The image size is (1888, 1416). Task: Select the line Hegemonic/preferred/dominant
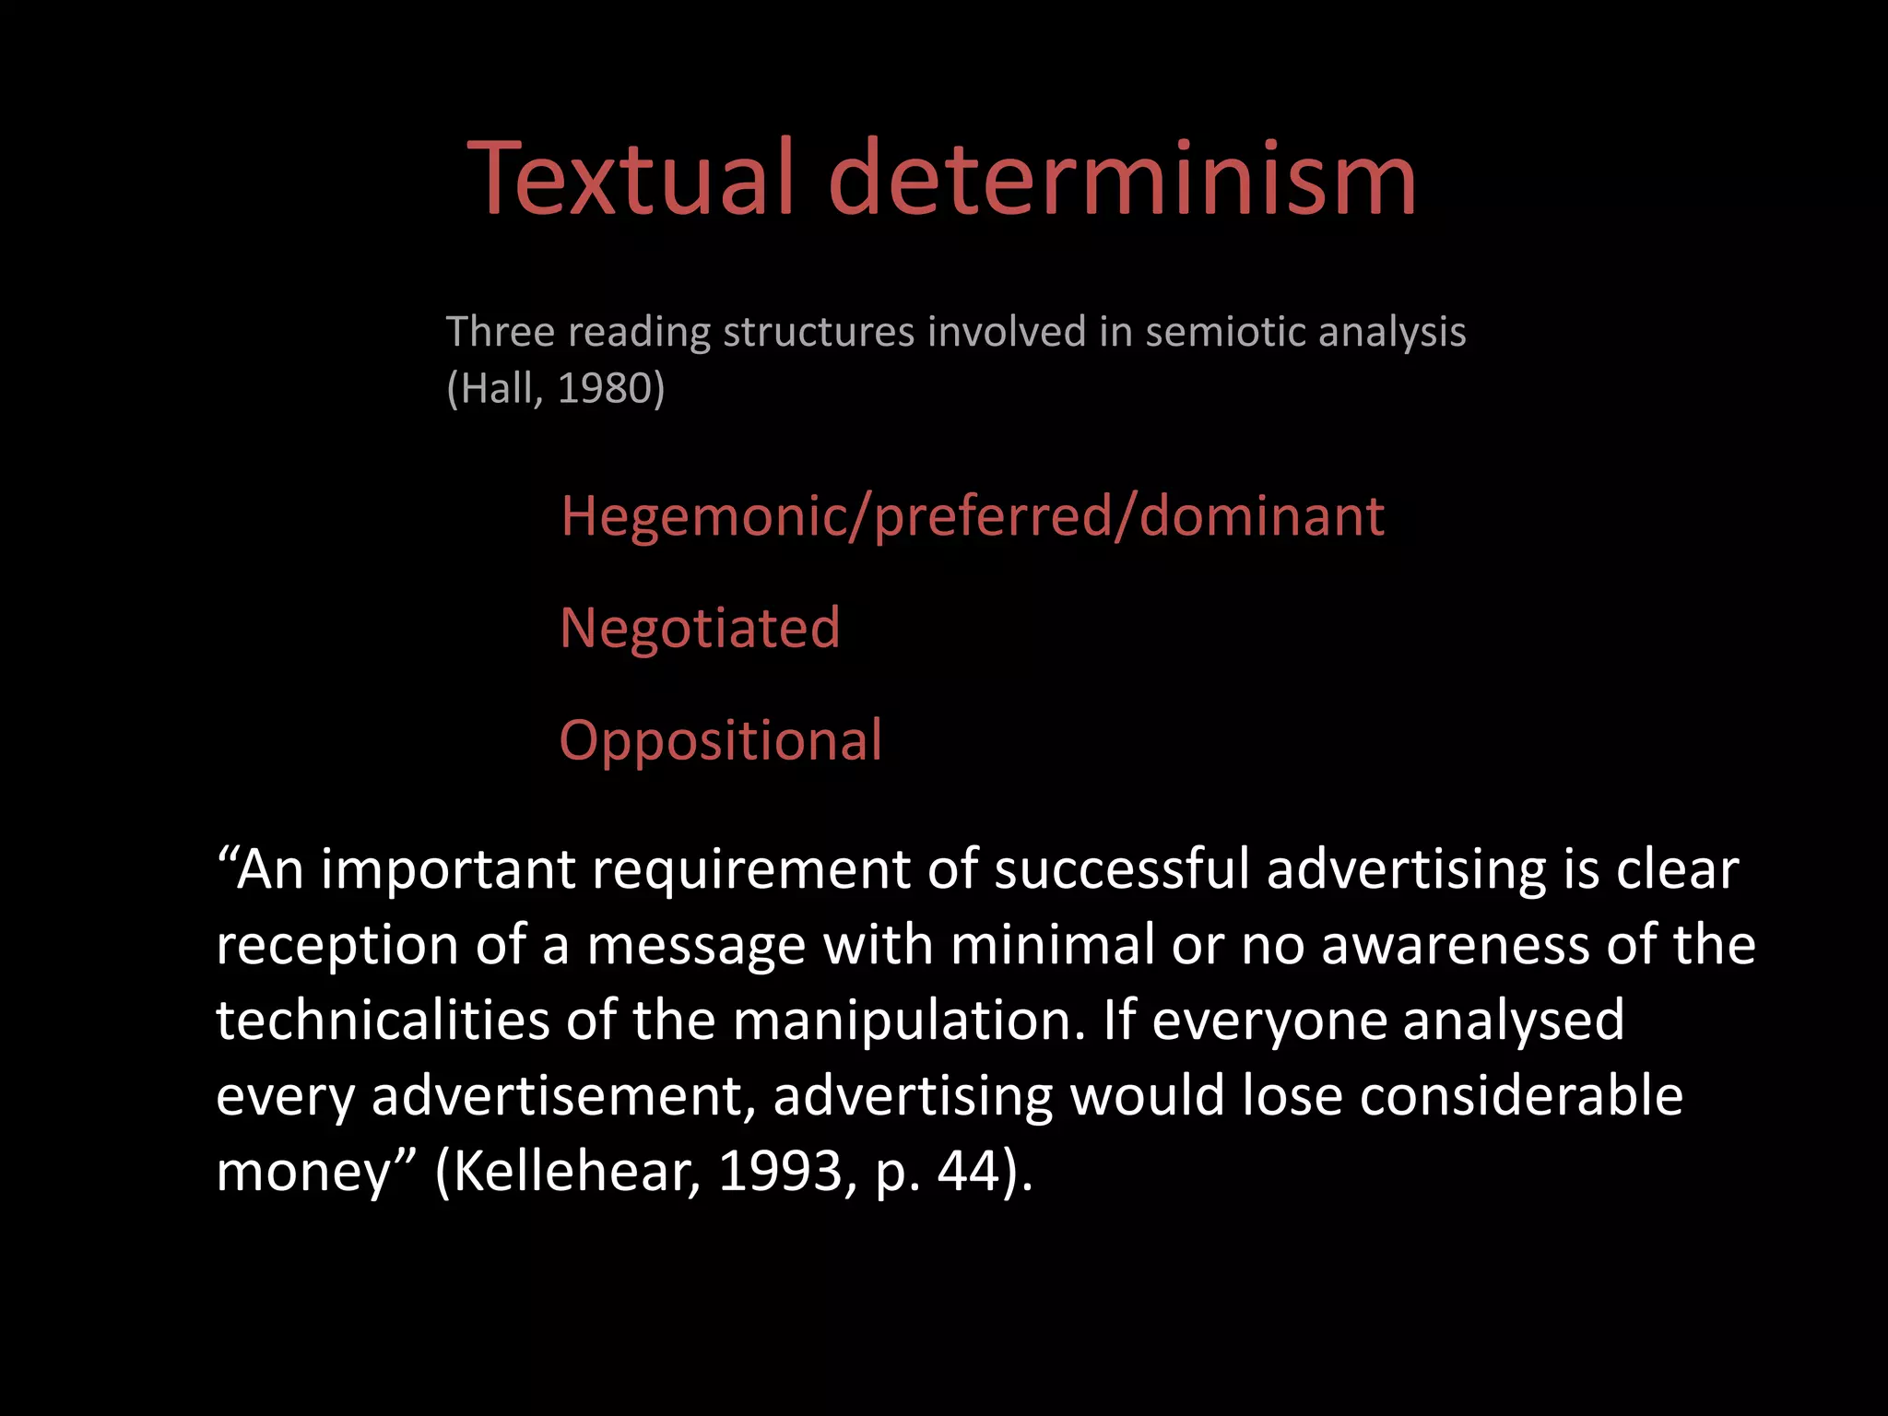tap(972, 516)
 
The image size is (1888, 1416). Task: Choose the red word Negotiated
tap(700, 628)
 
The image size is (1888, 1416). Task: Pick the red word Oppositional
tap(720, 740)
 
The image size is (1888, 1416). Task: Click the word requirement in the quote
tap(752, 871)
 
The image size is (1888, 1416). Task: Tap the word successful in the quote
tap(1121, 869)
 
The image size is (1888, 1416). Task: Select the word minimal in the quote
tap(1052, 945)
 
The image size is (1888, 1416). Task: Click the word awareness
tap(1456, 945)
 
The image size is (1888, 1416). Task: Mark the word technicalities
tap(383, 1021)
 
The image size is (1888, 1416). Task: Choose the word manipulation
tap(909, 1022)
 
